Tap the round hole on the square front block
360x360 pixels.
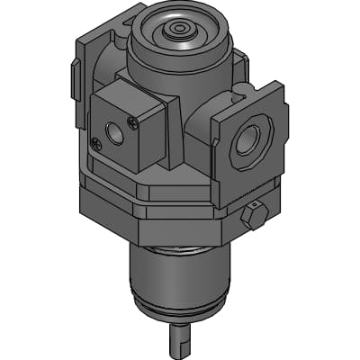(x=115, y=131)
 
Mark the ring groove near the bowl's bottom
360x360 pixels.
(x=180, y=314)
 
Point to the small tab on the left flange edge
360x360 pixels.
(x=72, y=79)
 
